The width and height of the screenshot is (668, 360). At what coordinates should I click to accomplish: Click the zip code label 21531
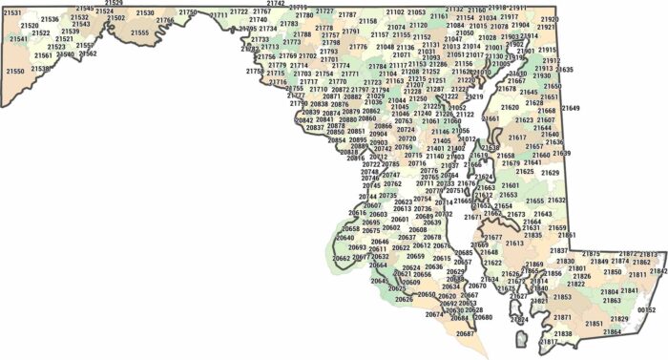coord(12,12)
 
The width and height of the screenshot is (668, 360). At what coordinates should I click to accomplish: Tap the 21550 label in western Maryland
coord(14,71)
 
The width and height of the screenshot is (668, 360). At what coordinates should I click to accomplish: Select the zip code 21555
coord(139,32)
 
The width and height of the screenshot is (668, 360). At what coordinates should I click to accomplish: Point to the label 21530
coord(144,13)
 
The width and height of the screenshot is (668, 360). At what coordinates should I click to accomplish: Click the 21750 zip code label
coord(189,12)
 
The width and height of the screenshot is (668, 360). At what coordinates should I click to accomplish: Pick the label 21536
coord(50,19)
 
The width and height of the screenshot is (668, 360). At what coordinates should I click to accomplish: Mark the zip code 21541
coord(18,39)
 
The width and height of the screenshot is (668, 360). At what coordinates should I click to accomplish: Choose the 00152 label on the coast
coord(647,310)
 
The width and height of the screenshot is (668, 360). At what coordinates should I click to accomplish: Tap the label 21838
coord(563,333)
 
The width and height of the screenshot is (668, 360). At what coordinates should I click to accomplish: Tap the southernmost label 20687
coord(465,333)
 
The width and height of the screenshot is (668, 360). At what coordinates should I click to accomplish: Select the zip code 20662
coord(342,258)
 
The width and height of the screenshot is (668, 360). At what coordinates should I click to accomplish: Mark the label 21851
coord(594,324)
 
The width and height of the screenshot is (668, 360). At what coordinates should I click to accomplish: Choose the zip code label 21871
coord(563,317)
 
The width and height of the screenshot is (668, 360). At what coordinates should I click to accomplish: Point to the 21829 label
coord(619,318)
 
